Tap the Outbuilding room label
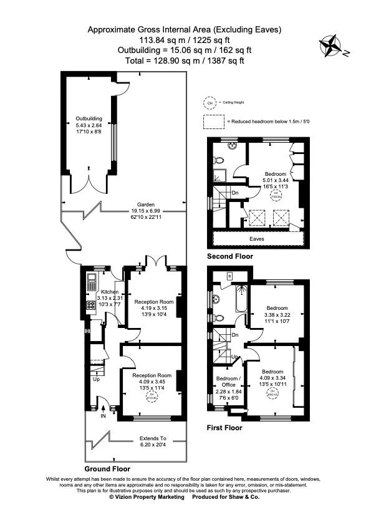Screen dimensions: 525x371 (x=89, y=118)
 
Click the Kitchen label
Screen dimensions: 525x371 (x=110, y=292)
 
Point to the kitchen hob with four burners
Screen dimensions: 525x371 (x=90, y=306)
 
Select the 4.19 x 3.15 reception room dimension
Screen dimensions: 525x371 (x=153, y=307)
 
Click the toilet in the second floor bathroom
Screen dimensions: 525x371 (x=233, y=147)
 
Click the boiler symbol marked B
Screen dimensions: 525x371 (x=230, y=275)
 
